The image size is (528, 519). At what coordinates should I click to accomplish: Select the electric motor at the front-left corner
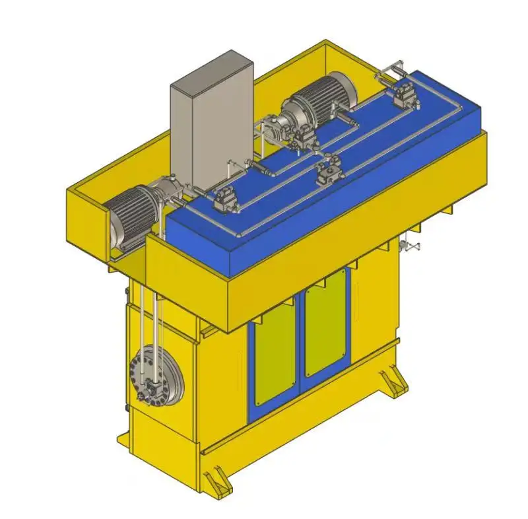point(135,215)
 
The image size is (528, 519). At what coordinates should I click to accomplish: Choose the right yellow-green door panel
point(325,324)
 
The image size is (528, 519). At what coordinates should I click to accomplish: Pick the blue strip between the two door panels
point(300,343)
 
